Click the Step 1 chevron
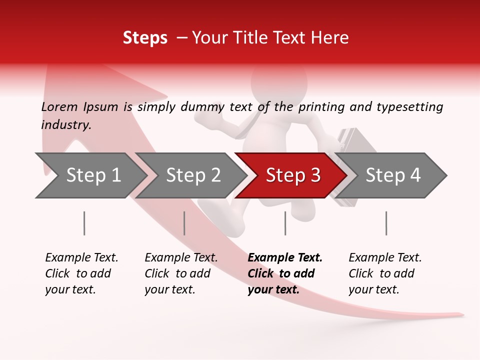[92, 175]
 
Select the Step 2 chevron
[192, 175]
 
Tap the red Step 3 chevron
[292, 175]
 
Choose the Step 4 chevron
[392, 175]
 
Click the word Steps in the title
[145, 38]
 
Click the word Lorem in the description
[59, 106]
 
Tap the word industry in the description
[65, 125]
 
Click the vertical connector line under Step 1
[84, 223]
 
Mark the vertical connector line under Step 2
[184, 223]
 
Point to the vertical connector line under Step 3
[285, 223]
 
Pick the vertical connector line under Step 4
[386, 223]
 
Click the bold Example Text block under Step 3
[285, 273]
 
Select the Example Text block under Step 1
[81, 273]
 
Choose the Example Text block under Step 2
[181, 273]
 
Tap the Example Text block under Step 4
[385, 273]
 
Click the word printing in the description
[320, 106]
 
